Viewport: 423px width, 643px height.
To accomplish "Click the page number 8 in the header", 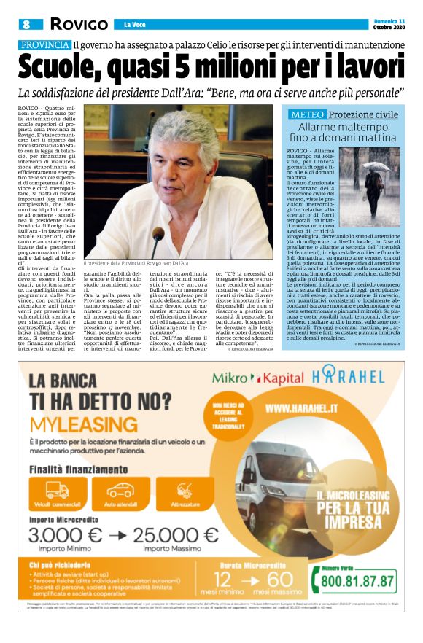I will pos(26,24).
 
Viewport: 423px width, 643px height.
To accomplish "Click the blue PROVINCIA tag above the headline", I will pos(44,45).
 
